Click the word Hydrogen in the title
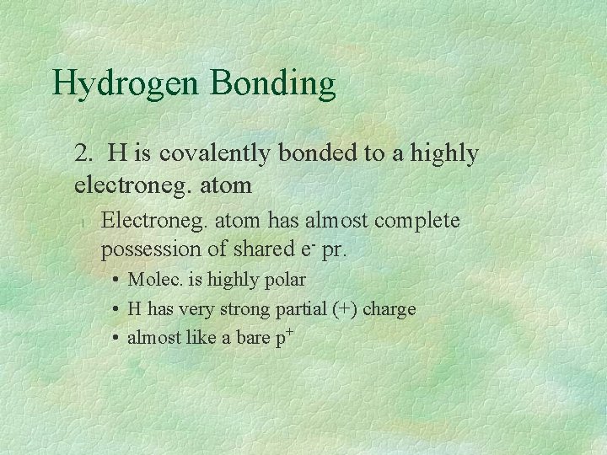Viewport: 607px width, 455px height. point(126,83)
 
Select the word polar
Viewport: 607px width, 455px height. point(284,280)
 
